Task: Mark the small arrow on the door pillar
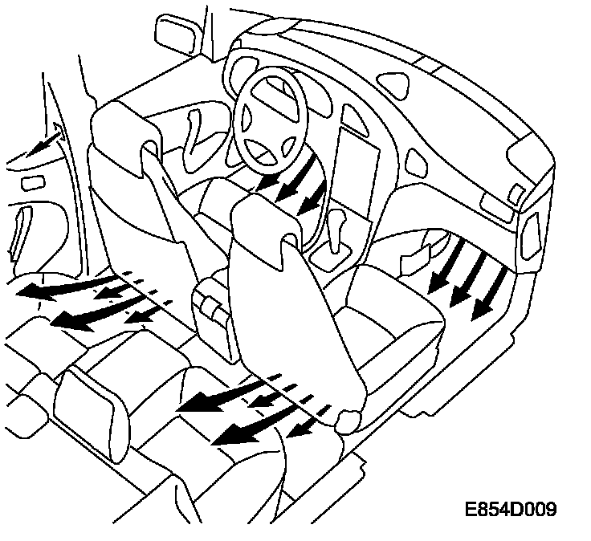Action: click(47, 143)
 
